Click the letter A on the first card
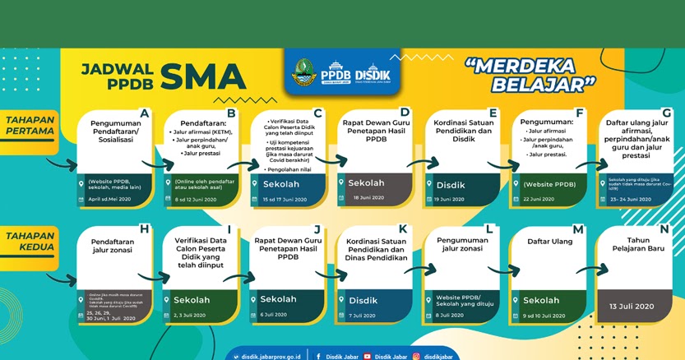(x=145, y=113)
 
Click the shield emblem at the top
(x=303, y=72)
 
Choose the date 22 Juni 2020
(x=544, y=199)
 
